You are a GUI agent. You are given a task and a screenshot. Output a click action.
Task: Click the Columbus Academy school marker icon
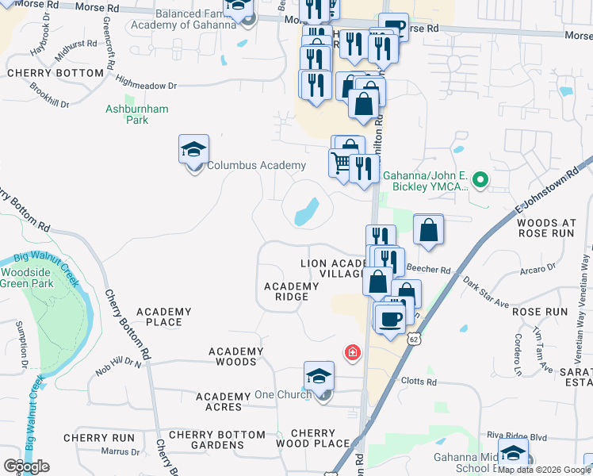[x=193, y=149]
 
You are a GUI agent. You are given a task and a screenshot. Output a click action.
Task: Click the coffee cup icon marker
[x=388, y=319]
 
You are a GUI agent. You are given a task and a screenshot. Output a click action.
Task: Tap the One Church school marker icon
[x=319, y=376]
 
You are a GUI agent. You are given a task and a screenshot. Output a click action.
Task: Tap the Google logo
[x=26, y=466]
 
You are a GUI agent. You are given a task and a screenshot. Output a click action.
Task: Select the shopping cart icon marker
[x=341, y=163]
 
